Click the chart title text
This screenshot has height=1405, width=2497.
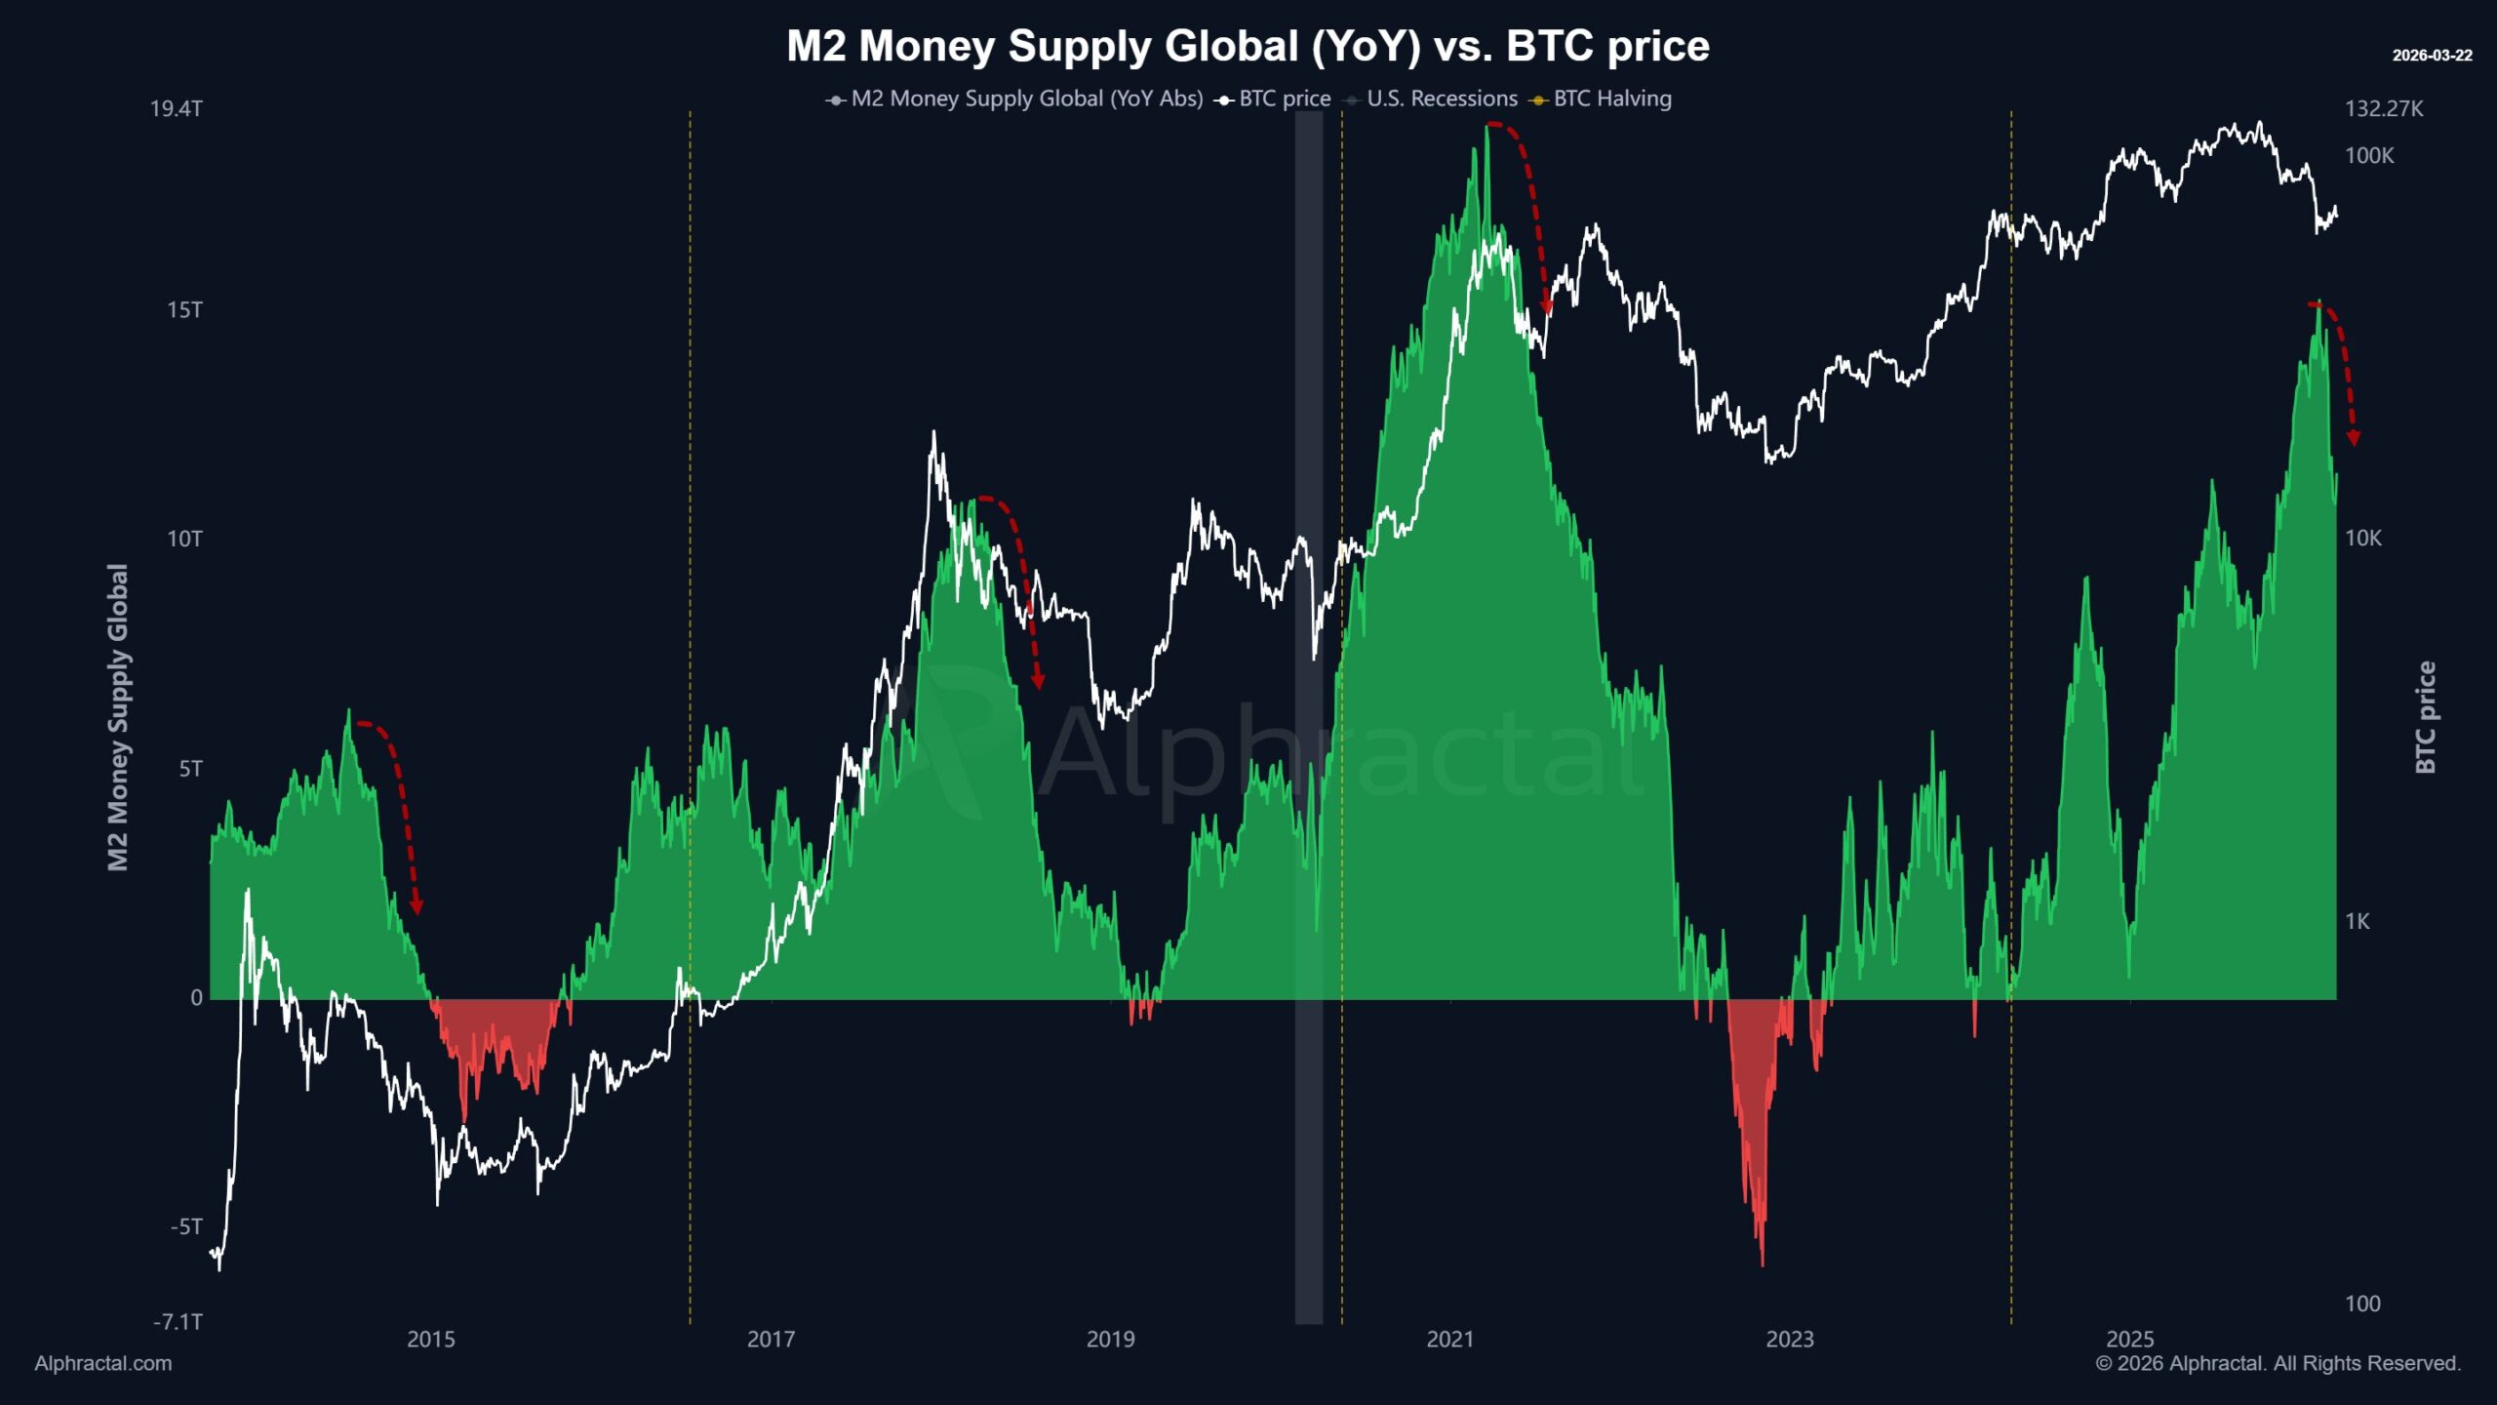point(1248,46)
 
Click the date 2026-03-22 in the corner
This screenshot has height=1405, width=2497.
point(2432,56)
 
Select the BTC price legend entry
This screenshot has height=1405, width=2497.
point(1284,99)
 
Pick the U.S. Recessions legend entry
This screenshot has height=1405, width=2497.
point(1441,99)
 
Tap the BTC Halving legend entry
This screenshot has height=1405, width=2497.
point(1611,99)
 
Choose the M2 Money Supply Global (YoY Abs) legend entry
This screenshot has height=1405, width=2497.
point(1026,99)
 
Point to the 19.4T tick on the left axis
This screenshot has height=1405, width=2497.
point(177,108)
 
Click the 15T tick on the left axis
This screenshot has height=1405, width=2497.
point(184,310)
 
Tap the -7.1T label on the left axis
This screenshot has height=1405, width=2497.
point(178,1322)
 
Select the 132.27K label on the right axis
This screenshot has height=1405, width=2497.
point(2384,108)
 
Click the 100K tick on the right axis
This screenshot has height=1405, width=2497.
point(2369,155)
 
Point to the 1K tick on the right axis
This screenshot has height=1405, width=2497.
point(2357,921)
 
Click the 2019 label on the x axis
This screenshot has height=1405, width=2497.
point(1110,1339)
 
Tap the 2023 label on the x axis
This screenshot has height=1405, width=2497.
point(1790,1339)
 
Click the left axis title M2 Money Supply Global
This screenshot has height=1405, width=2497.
point(118,717)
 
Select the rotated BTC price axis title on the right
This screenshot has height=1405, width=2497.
point(2426,717)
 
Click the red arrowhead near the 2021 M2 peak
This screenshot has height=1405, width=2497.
point(1546,308)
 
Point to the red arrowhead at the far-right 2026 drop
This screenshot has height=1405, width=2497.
point(2354,438)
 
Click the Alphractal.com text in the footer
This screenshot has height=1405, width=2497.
point(103,1363)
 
